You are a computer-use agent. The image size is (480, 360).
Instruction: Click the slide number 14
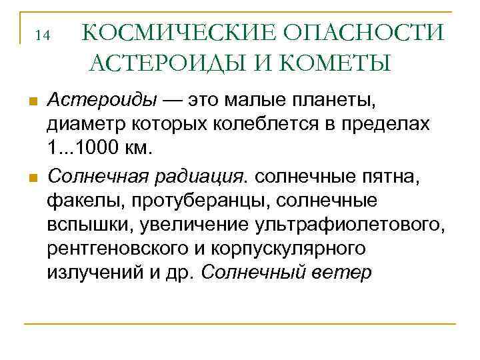click(x=43, y=35)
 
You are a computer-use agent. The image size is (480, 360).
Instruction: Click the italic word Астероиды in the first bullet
click(x=102, y=101)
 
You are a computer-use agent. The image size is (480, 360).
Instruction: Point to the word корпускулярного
click(x=293, y=248)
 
